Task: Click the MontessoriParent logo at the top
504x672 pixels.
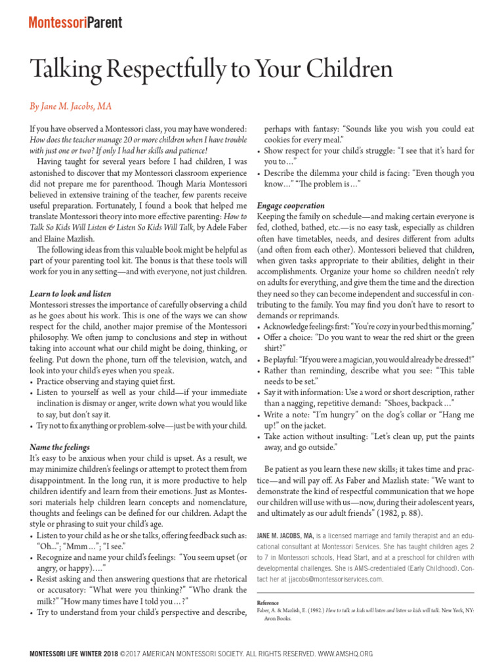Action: coord(75,22)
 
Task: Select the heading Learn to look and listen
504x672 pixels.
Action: coord(70,293)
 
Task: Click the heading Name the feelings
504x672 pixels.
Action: coord(60,447)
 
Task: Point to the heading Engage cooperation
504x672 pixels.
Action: coord(291,205)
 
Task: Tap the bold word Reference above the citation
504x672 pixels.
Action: coord(268,602)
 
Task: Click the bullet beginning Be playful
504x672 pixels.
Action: coord(367,360)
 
